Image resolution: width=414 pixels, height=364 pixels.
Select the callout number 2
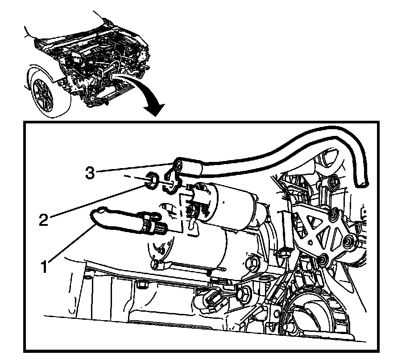(44, 220)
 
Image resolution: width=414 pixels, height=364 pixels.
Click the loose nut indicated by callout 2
(152, 181)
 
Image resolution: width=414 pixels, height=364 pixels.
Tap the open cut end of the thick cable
(362, 183)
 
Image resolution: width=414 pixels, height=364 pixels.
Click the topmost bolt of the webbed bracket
(334, 182)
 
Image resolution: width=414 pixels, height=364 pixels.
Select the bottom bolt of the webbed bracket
(323, 259)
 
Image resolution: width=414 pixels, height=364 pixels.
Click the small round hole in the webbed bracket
(310, 242)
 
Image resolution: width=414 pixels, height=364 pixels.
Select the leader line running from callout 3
(135, 168)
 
